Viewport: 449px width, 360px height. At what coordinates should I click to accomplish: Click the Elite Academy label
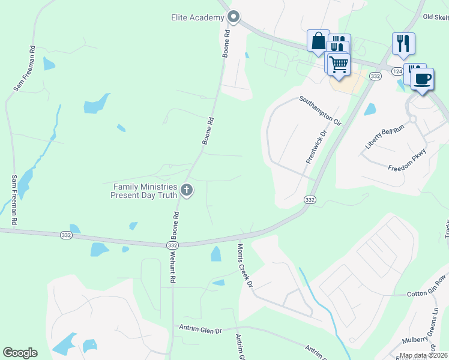click(197, 17)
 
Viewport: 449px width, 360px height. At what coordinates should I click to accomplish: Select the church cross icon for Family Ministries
click(187, 191)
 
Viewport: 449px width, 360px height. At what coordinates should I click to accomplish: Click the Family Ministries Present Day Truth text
click(145, 191)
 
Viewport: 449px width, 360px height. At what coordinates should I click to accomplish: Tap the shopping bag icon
click(318, 42)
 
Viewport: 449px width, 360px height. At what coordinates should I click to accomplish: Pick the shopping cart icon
click(339, 64)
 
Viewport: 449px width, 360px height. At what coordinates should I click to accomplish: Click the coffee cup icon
click(423, 79)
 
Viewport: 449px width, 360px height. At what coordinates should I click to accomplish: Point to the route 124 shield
click(397, 71)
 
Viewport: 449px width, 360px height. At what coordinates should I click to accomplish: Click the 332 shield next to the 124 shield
click(376, 76)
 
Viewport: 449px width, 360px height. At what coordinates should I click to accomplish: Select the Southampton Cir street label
click(320, 110)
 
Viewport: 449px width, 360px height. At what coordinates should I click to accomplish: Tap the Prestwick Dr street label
click(315, 147)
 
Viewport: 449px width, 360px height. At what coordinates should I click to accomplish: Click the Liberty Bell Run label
click(385, 137)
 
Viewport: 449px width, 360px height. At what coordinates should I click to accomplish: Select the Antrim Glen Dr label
click(200, 329)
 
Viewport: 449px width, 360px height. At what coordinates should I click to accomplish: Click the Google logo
click(20, 353)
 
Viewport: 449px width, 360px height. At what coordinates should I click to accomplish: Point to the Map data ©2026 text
click(424, 355)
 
